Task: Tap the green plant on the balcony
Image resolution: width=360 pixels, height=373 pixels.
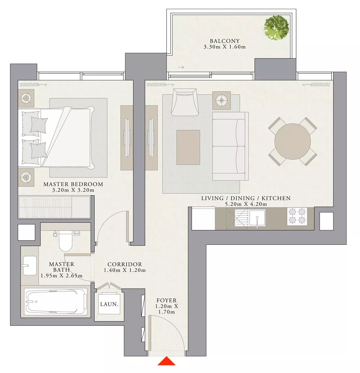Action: [x=276, y=28]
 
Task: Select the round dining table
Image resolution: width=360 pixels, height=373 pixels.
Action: [x=292, y=141]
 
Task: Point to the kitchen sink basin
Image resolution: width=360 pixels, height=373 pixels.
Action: [x=257, y=217]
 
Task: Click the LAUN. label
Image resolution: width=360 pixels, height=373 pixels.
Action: [x=109, y=304]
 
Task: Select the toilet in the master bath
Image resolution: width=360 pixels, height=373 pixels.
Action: [x=66, y=240]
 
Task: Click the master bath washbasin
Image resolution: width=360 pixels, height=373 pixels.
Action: [x=30, y=265]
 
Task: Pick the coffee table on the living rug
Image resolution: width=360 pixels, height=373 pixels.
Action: [x=188, y=147]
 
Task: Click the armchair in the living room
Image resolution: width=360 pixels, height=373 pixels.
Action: [x=184, y=102]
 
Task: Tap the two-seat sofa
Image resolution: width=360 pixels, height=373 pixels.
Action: [x=230, y=146]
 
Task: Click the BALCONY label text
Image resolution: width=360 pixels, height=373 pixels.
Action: [x=225, y=41]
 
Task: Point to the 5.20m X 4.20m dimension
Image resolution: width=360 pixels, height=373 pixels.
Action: [x=246, y=204]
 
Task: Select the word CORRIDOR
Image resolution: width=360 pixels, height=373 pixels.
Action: [x=125, y=264]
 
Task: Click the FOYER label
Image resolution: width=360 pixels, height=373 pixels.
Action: [x=166, y=300]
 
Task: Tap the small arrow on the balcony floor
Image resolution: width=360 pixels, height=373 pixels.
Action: [x=181, y=67]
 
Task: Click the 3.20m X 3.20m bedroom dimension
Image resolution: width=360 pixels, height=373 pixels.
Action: [x=73, y=190]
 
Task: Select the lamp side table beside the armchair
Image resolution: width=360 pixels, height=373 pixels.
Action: [x=221, y=100]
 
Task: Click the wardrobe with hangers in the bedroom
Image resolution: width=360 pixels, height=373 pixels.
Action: [x=54, y=207]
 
